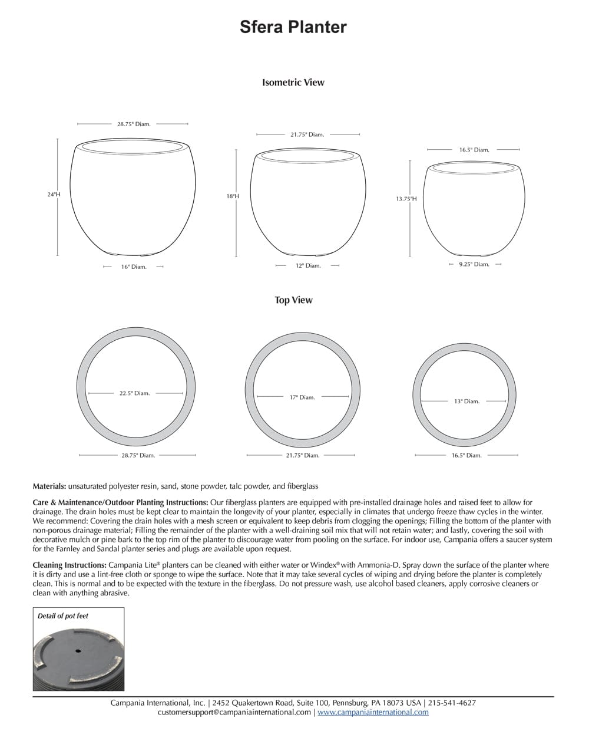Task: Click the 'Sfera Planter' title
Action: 293,27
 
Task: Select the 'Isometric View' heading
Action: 293,83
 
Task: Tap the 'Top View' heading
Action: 293,300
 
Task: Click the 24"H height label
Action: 54,194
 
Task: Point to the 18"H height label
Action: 233,196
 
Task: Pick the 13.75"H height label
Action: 406,199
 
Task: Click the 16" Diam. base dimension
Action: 134,267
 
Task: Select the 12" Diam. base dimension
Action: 308,266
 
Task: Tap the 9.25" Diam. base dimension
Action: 474,264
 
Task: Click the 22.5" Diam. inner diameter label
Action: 134,393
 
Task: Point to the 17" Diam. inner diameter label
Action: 302,397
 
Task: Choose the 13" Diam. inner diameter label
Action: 466,402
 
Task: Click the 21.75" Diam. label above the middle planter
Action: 307,134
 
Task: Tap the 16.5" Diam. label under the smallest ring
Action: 466,455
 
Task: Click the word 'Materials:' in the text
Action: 49,486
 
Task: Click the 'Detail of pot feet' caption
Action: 63,616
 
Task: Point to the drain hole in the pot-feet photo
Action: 78,651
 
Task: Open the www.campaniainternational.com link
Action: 373,712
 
